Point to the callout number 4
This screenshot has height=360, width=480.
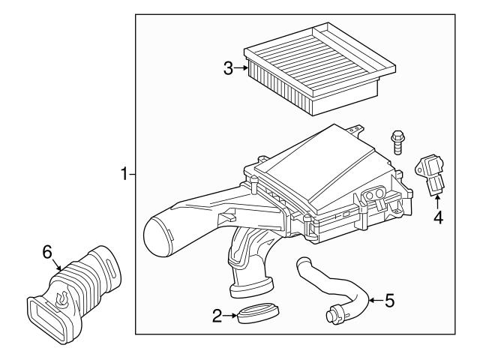[437, 218]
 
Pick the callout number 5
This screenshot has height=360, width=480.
[388, 301]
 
